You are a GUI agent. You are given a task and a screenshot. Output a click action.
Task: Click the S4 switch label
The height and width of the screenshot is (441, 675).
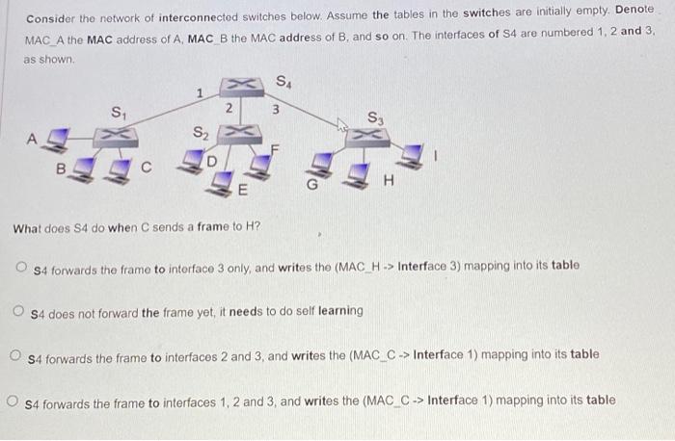283,81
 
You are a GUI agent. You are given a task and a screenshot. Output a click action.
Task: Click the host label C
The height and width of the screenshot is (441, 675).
146,167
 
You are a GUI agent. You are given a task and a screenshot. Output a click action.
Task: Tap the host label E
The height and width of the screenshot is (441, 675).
243,190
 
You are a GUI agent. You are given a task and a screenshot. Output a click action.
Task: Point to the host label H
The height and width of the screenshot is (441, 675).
390,178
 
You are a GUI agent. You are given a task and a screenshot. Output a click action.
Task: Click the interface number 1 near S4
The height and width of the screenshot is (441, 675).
199,93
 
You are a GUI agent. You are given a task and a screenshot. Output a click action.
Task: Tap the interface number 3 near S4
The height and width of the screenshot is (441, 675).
275,109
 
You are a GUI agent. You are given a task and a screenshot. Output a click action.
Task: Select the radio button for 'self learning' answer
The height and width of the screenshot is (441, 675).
18,311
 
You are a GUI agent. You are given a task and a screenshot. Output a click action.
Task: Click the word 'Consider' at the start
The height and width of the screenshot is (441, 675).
50,19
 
